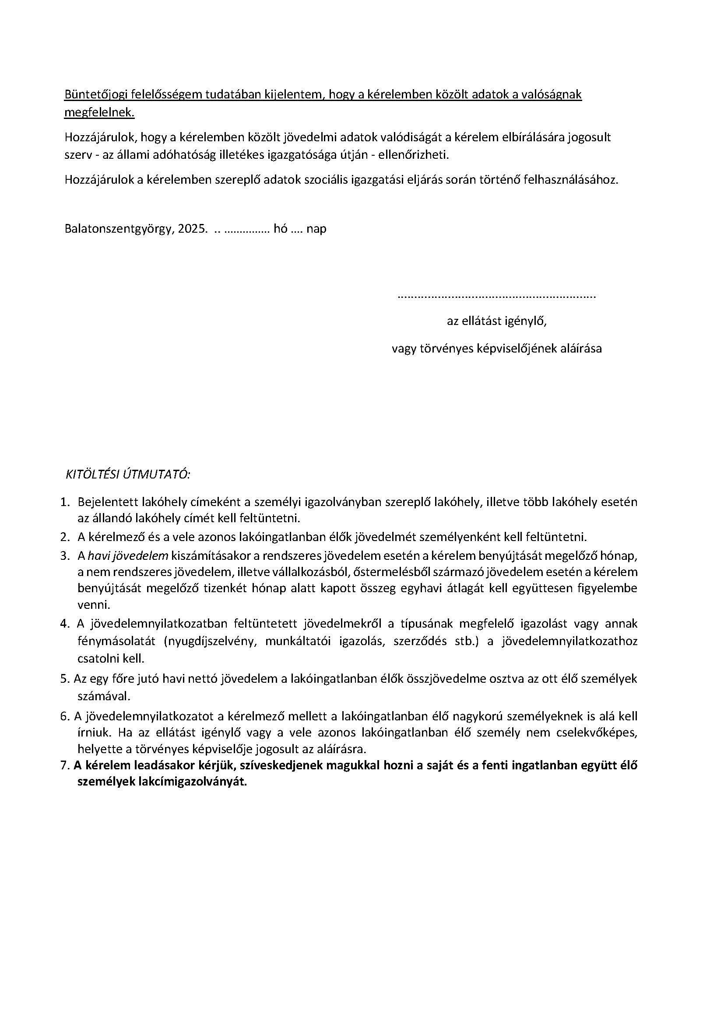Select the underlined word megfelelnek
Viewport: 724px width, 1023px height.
pos(99,113)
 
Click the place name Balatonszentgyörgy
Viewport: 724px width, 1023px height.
pos(118,229)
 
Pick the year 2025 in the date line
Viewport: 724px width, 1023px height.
pos(193,229)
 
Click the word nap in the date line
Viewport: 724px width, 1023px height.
pos(316,229)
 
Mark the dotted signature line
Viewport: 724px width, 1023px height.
pos(496,296)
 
